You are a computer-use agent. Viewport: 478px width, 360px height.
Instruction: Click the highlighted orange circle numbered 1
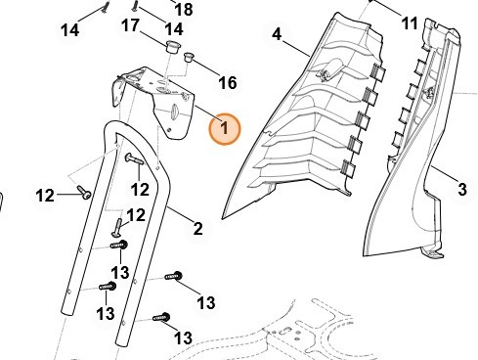tap(225, 129)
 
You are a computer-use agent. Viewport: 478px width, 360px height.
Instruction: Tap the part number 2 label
tap(197, 229)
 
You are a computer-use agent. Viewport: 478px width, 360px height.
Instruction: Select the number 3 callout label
tap(462, 190)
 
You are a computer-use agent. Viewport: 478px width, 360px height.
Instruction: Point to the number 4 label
tap(277, 34)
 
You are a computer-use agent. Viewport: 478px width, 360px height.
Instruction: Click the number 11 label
tap(410, 23)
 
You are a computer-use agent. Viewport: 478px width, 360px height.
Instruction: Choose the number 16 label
tap(228, 83)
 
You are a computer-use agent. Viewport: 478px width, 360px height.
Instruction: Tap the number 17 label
tap(130, 25)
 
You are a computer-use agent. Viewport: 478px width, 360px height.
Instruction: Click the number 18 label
tap(184, 9)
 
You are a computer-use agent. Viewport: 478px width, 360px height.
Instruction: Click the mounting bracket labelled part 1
tap(153, 102)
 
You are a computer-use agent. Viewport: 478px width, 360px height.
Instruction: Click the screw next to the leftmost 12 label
tap(84, 192)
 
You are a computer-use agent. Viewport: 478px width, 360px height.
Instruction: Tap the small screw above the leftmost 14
tap(105, 7)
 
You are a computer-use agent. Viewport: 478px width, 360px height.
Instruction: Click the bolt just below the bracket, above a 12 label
tap(134, 158)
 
